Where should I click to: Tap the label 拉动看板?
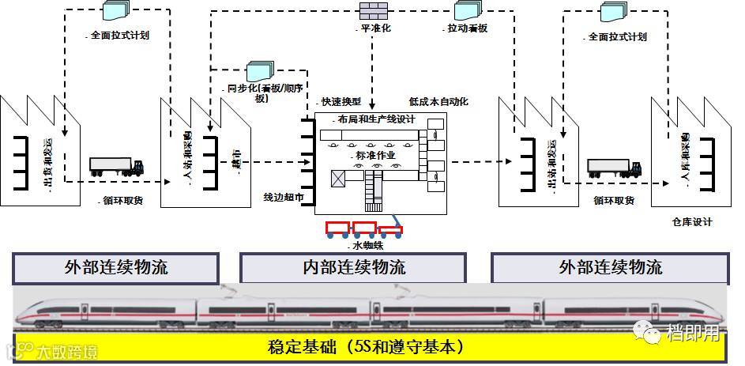click(x=466, y=28)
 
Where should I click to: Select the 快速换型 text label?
click(x=341, y=102)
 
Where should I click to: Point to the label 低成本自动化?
click(x=438, y=102)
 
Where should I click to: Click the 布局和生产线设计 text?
click(x=375, y=119)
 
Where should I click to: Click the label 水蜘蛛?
click(x=368, y=246)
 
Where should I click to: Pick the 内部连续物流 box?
click(x=354, y=268)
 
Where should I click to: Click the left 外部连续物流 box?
click(x=115, y=268)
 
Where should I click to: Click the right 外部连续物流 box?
click(x=609, y=268)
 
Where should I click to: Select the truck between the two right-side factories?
click(x=614, y=168)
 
